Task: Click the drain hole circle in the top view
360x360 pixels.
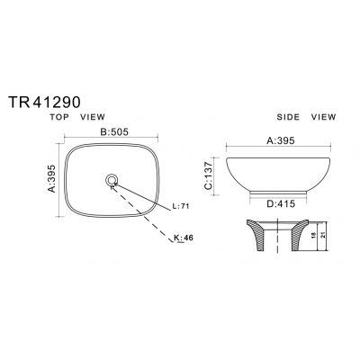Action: (x=112, y=180)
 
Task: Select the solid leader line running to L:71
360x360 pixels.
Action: (x=144, y=194)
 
